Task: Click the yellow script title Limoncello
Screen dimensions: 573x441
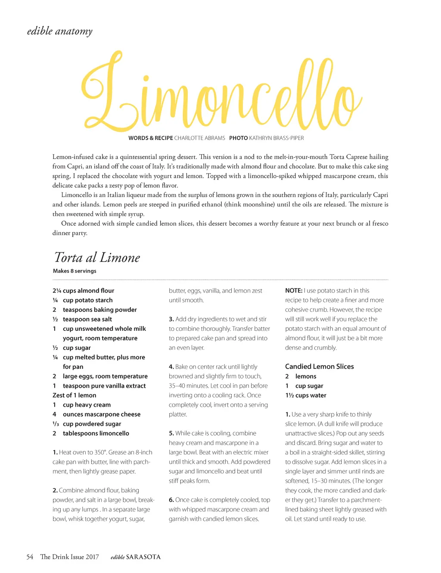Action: pos(220,93)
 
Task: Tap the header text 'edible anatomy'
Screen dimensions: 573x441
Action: pos(59,31)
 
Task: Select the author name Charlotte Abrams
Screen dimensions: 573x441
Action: pos(199,138)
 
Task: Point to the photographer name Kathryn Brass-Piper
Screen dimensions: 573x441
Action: pos(276,138)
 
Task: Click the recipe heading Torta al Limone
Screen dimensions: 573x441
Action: pos(97,258)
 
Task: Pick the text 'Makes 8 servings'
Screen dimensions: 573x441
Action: pos(75,271)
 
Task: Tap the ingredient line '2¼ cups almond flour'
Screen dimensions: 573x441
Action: pos(84,291)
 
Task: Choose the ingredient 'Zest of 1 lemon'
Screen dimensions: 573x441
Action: pos(75,395)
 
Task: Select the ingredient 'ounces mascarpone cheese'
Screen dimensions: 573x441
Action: pos(102,414)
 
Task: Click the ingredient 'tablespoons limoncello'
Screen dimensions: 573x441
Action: pos(96,433)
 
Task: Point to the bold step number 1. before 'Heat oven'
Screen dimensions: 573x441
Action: pos(55,452)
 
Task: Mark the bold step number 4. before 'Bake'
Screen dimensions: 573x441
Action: pos(171,367)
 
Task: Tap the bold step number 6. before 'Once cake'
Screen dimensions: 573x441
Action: pos(171,500)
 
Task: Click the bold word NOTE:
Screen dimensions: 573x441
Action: pos(294,291)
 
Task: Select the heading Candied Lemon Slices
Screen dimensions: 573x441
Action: pos(320,367)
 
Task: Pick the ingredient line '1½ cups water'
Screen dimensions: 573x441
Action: pos(306,395)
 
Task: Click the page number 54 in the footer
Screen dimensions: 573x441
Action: pos(30,557)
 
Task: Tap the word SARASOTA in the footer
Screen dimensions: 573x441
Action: pos(143,557)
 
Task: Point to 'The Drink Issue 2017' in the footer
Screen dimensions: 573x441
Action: pos(69,557)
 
